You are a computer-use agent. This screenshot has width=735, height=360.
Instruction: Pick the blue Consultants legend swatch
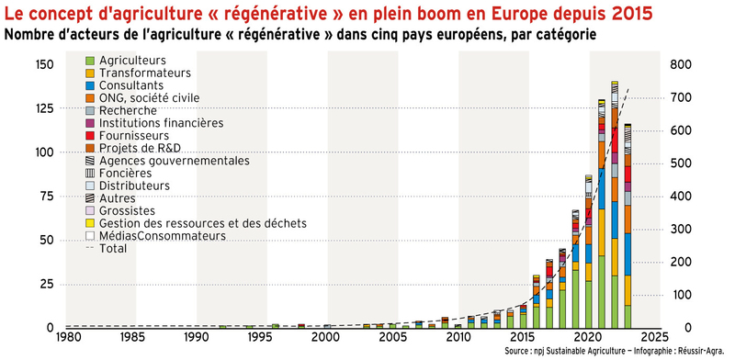point(90,85)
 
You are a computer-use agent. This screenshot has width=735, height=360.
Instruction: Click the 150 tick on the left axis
point(43,64)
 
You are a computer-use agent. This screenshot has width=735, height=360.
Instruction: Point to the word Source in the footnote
point(520,352)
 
